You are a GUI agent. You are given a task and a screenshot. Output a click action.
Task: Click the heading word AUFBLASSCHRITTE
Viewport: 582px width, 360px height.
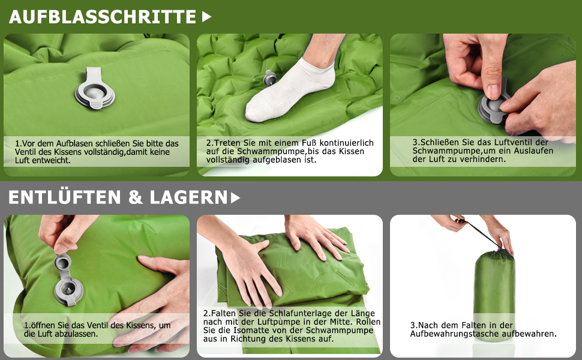[103, 17]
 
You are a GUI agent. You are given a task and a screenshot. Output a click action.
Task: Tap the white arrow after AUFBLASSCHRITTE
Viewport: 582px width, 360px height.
[207, 17]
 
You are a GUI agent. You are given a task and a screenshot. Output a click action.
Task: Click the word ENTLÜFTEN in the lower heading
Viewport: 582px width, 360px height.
[65, 197]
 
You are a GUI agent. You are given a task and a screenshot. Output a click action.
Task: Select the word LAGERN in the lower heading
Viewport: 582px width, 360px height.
[188, 197]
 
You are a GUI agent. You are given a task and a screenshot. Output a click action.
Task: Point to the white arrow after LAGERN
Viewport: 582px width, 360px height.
[235, 198]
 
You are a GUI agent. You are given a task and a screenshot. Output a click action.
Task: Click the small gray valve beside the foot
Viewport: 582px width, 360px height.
[270, 79]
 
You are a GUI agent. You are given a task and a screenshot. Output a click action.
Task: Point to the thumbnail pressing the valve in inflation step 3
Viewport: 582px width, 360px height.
[493, 91]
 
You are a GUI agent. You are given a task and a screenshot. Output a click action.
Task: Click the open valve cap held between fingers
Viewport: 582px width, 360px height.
[63, 262]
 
